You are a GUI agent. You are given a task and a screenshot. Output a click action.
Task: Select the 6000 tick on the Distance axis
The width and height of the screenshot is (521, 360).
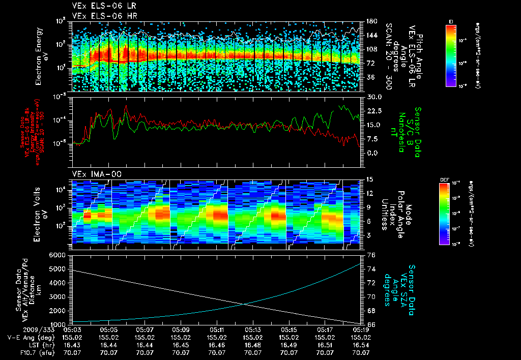[57, 255]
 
